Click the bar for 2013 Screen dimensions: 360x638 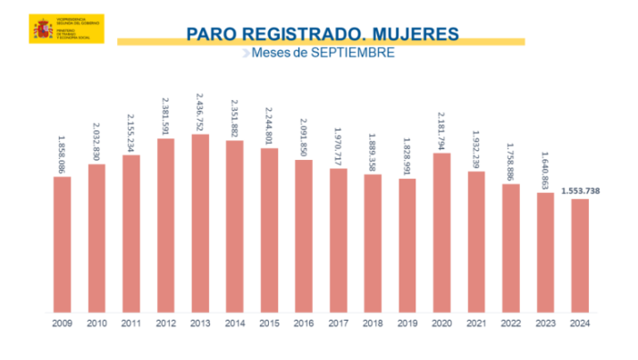click(200, 223)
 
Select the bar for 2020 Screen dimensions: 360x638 click(441, 232)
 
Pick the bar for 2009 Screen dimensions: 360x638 click(62, 245)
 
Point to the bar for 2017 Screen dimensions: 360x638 click(338, 240)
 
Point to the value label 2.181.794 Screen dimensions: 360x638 click(441, 130)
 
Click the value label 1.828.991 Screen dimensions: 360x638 click(407, 155)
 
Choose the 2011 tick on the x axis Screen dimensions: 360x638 click(131, 323)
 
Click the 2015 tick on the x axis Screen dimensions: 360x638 click(269, 323)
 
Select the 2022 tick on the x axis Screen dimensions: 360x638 click(511, 323)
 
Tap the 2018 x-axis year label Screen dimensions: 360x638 click(373, 323)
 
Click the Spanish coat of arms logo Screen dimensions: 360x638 click(39, 29)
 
